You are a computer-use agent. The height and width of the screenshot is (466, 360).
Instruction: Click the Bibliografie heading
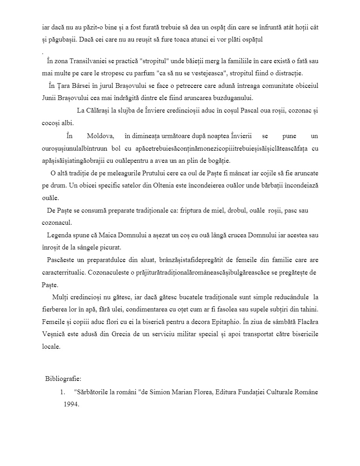pos(63,379)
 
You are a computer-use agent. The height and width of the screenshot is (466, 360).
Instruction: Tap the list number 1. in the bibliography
pos(62,391)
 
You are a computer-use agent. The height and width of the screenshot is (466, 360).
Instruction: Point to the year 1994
pos(71,404)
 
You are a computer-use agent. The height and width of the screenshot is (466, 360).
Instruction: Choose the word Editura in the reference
pos(226,391)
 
